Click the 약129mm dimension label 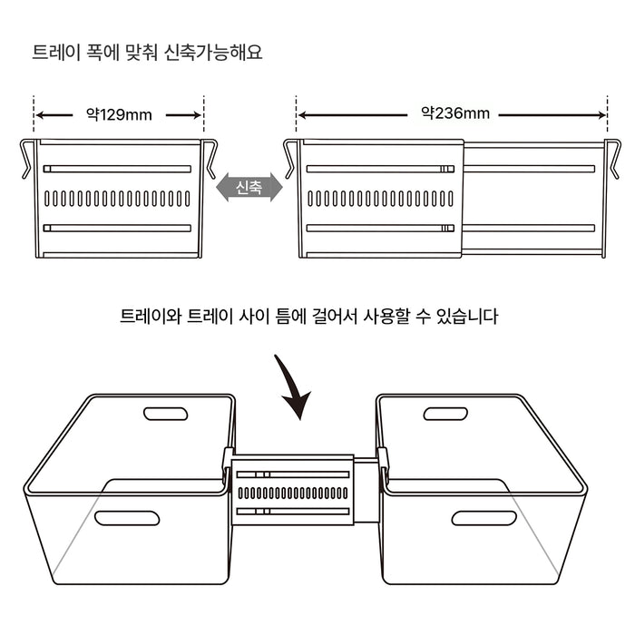pos(119,115)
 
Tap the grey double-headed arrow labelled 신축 pos(249,188)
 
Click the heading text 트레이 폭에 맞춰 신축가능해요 pos(147,52)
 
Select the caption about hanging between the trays pos(308,317)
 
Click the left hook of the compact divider pos(26,158)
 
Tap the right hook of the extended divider pos(613,158)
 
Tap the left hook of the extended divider pos(290,158)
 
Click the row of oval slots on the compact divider pos(118,198)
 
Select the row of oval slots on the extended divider pos(380,198)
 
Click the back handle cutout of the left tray pos(166,414)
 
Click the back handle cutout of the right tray pos(445,414)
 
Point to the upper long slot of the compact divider pos(118,169)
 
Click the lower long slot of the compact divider pos(118,227)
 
